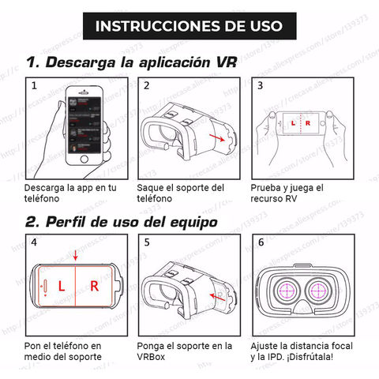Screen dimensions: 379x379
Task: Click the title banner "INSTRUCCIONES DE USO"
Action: (189, 26)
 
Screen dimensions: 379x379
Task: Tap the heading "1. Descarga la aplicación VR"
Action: (132, 62)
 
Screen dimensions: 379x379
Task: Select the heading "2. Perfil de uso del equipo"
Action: (122, 222)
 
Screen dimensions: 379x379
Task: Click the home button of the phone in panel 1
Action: (84, 159)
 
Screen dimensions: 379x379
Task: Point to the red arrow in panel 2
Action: (217, 137)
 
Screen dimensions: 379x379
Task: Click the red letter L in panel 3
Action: (293, 123)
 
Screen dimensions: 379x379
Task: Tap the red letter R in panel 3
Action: (308, 123)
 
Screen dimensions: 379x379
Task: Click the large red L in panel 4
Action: (62, 286)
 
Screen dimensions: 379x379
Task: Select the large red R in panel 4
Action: (94, 286)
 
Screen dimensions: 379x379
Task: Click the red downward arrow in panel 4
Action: (76, 255)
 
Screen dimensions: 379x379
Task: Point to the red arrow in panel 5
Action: (218, 298)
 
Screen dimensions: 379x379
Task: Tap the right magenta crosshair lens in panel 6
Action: (318, 291)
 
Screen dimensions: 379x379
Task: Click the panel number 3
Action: (260, 85)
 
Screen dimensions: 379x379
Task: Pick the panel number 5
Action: (147, 242)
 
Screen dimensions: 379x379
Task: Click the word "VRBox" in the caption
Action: (151, 357)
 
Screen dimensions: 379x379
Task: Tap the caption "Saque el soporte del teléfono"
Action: (181, 193)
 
